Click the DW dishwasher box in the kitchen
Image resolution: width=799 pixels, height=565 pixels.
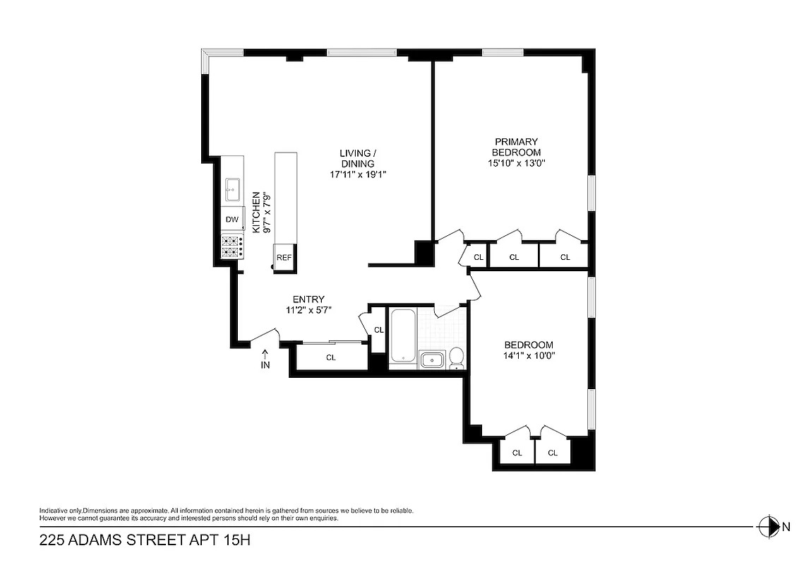pyautogui.click(x=232, y=220)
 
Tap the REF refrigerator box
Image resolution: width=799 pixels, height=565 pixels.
pyautogui.click(x=284, y=258)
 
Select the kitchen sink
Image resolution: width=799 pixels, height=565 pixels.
pyautogui.click(x=232, y=189)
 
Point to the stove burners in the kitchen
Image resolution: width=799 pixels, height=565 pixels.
pyautogui.click(x=232, y=246)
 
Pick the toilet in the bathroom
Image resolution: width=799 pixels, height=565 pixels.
pyautogui.click(x=457, y=359)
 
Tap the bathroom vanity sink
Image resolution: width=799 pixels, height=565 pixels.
pyautogui.click(x=431, y=360)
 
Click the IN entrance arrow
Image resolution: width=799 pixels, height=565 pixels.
pyautogui.click(x=265, y=359)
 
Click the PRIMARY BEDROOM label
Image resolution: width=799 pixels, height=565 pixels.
pyautogui.click(x=516, y=147)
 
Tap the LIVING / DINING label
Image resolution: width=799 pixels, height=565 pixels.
pyautogui.click(x=357, y=158)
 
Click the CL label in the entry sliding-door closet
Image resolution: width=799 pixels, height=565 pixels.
pyautogui.click(x=331, y=357)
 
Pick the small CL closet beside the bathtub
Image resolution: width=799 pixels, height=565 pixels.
pyautogui.click(x=378, y=329)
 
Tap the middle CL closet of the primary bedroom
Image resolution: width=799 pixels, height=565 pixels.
pyautogui.click(x=514, y=257)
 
